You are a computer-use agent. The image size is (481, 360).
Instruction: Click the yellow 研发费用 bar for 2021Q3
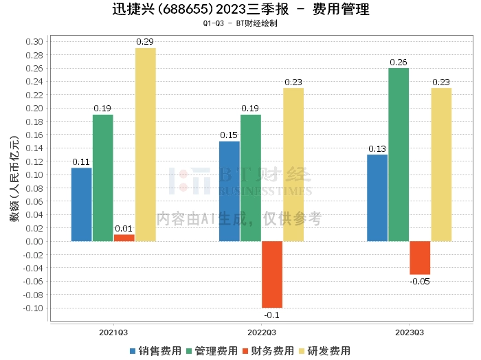pyautogui.click(x=146, y=145)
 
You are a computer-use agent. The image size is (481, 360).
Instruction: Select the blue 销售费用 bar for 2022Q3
pyautogui.click(x=230, y=192)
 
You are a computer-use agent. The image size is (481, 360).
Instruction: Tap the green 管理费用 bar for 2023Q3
pyautogui.click(x=399, y=155)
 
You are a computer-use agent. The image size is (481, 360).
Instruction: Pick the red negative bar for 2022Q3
pyautogui.click(x=272, y=274)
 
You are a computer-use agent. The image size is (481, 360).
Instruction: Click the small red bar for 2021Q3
pyautogui.click(x=124, y=238)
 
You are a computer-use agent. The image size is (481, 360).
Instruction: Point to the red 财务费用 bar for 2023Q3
pyautogui.click(x=420, y=258)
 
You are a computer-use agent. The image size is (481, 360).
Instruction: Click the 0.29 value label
pyautogui.click(x=145, y=42)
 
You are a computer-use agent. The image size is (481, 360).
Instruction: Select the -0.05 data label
pyautogui.click(x=420, y=282)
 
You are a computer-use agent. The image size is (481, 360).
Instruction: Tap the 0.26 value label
pyautogui.click(x=398, y=63)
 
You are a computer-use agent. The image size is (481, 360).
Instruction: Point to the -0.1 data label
pyautogui.click(x=272, y=315)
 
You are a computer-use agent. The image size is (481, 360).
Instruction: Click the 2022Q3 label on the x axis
pyautogui.click(x=262, y=333)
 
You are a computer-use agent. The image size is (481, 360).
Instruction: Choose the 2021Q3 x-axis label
pyautogui.click(x=113, y=333)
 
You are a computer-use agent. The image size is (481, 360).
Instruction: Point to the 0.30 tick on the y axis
pyautogui.click(x=34, y=42)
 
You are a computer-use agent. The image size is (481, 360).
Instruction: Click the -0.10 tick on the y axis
pyautogui.click(x=33, y=308)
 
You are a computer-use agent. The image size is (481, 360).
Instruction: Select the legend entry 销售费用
pyautogui.click(x=155, y=351)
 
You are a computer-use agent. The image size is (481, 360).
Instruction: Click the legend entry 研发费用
pyautogui.click(x=324, y=351)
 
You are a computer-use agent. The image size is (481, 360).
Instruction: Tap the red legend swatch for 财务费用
pyautogui.click(x=245, y=352)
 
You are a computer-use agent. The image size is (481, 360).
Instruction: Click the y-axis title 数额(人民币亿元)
pyautogui.click(x=14, y=179)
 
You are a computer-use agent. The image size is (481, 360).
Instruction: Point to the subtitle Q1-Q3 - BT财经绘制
pyautogui.click(x=240, y=23)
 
